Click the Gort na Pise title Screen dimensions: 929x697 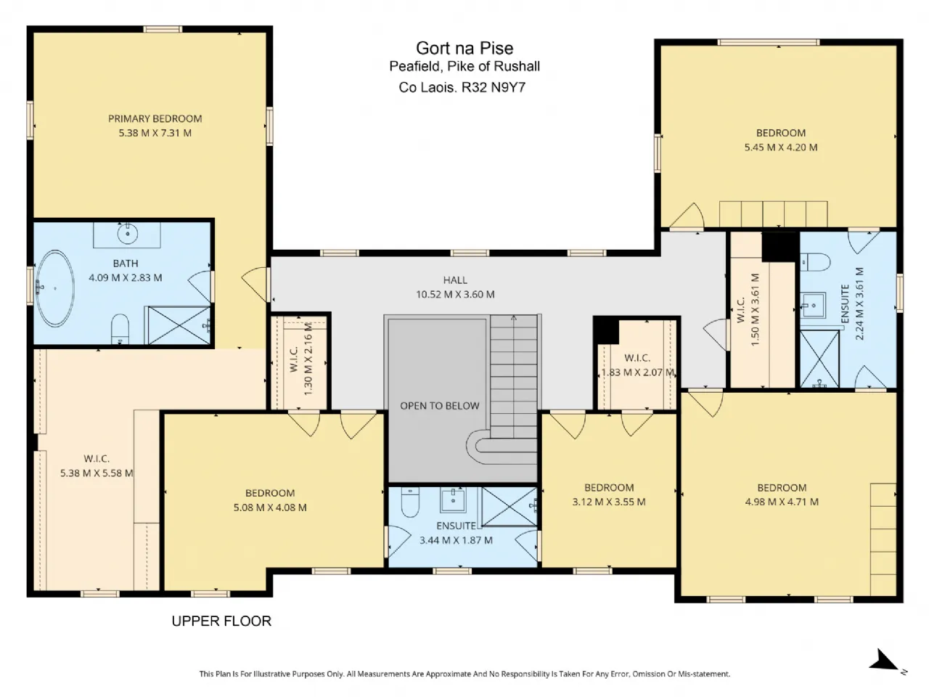464,48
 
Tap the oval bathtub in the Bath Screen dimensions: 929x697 55,288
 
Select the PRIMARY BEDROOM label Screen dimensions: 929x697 155,118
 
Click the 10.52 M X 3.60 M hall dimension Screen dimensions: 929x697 455,294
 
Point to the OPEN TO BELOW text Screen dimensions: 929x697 440,406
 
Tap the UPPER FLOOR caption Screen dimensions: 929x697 221,621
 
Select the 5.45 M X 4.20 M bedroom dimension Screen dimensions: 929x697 781,147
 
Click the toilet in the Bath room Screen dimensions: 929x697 120,329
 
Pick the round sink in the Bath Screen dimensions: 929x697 127,234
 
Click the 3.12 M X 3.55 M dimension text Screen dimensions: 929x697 609,502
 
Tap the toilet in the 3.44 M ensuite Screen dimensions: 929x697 409,502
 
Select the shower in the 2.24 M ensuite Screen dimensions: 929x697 819,359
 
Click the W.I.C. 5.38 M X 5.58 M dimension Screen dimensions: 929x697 97,473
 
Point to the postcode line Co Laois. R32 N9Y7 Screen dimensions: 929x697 462,88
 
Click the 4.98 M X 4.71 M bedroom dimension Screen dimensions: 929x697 782,502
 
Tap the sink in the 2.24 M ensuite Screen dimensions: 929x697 813,306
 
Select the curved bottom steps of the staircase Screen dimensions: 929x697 480,447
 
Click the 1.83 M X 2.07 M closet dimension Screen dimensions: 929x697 638,372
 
